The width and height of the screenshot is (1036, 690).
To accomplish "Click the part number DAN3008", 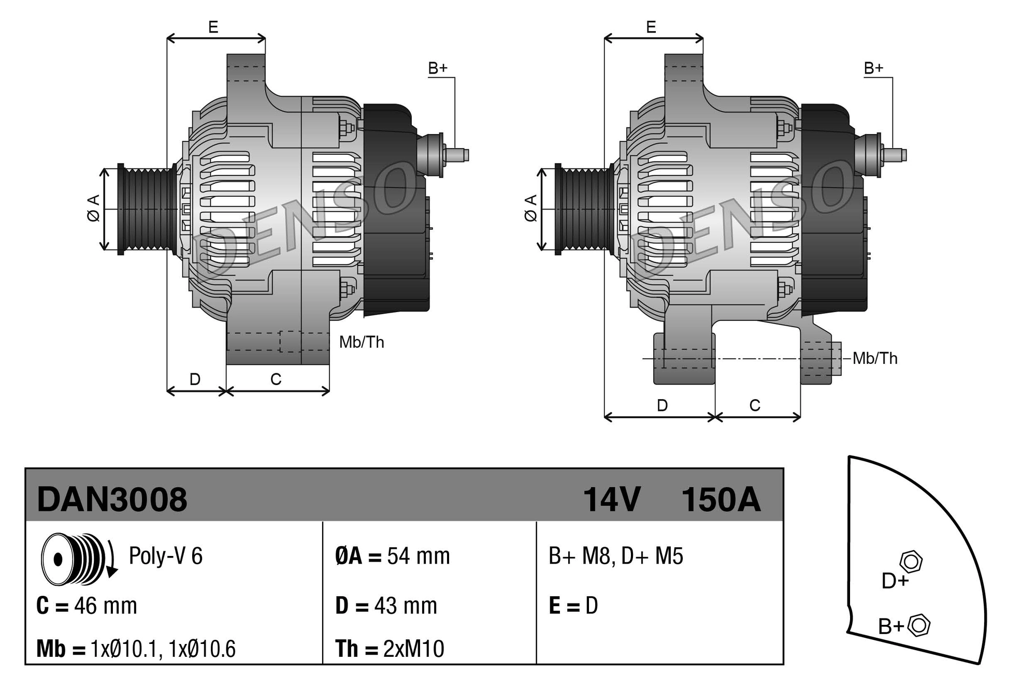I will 112,500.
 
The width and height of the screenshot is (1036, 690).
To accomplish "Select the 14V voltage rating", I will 611,500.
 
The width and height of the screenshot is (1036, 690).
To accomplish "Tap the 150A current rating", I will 721,500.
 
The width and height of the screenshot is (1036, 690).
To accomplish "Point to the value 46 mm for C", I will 105,606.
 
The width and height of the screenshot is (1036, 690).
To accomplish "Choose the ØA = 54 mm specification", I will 392,556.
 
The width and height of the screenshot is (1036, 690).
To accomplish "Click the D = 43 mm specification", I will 386,606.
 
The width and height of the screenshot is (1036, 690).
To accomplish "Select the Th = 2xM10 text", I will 390,649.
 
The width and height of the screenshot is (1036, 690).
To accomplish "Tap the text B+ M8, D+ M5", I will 615,556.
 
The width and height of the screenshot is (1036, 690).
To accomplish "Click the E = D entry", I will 573,606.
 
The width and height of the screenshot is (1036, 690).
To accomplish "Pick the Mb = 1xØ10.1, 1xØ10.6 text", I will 136,649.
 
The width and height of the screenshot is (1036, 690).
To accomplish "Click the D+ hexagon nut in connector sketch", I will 911,562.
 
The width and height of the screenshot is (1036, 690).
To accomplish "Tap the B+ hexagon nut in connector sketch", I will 919,625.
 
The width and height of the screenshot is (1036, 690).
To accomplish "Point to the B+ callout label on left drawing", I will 438,68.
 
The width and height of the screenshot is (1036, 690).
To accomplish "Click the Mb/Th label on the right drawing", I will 875,358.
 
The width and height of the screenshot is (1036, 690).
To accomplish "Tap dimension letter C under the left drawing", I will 276,379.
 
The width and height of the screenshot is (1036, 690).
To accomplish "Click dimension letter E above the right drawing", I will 651,27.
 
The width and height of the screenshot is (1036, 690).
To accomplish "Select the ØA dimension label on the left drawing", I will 93,208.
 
